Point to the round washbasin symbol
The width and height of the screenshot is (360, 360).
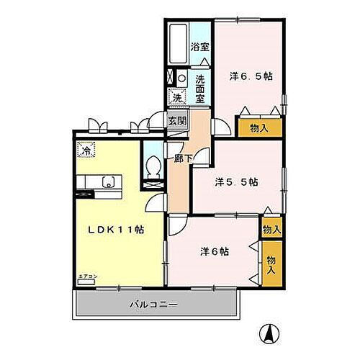pyautogui.click(x=182, y=78)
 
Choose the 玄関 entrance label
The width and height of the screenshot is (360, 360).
pyautogui.click(x=177, y=120)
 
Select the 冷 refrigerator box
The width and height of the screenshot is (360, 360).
pyautogui.click(x=86, y=152)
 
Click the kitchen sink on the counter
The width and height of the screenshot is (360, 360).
pyautogui.click(x=108, y=182)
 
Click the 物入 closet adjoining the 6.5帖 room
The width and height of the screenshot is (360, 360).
pyautogui.click(x=259, y=128)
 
